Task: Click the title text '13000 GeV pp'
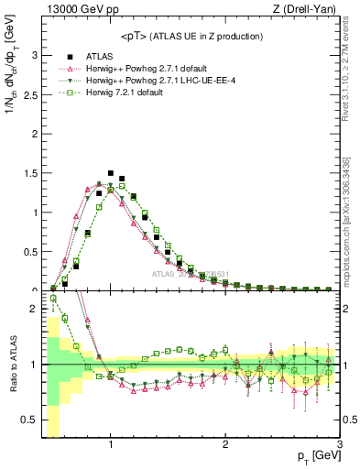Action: pos(74,9)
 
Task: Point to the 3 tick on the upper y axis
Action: pos(33,55)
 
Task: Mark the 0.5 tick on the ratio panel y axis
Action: pos(29,420)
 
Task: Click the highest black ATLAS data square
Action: pos(111,172)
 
